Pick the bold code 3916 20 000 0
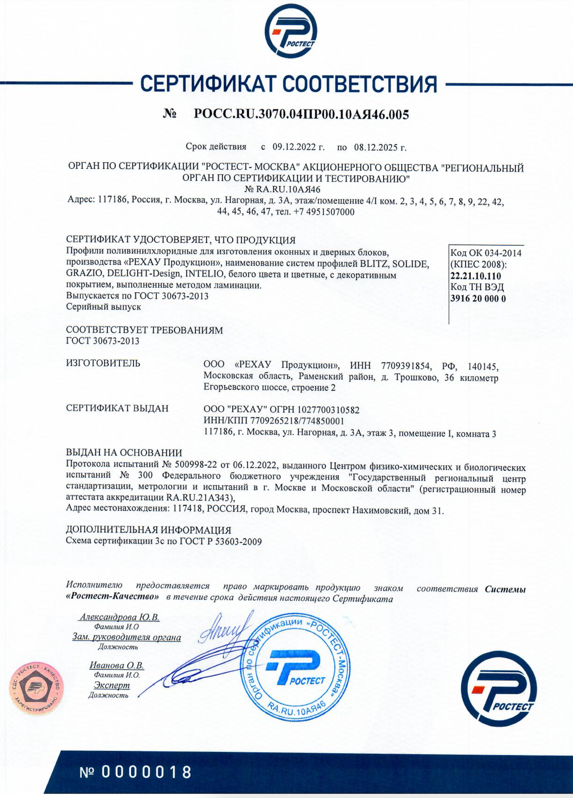click(478, 299)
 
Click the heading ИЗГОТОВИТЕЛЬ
click(103, 364)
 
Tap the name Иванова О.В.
click(117, 665)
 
